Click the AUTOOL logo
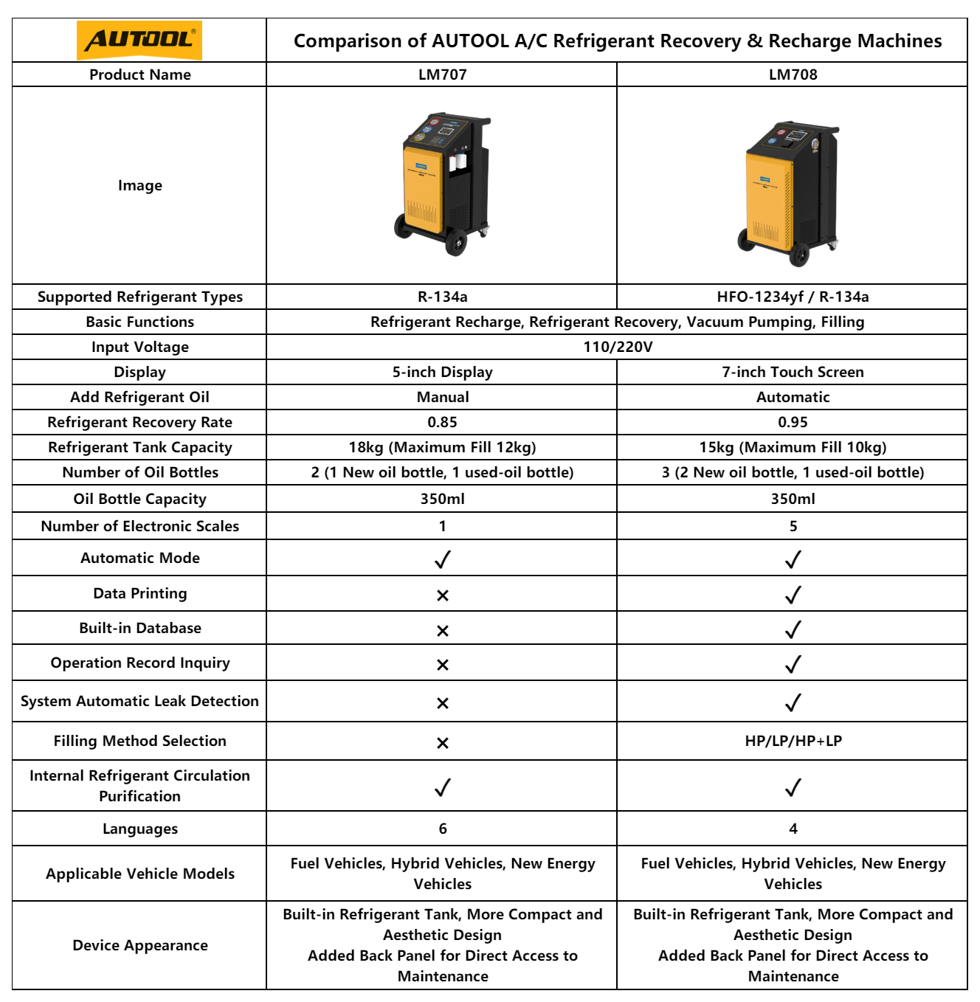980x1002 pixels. click(x=139, y=40)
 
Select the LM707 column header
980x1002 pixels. click(x=442, y=75)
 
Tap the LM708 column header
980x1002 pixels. click(x=793, y=75)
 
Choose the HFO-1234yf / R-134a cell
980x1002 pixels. click(x=793, y=297)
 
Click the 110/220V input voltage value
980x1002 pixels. click(x=618, y=347)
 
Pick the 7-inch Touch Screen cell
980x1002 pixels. click(x=793, y=372)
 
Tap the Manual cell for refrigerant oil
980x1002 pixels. click(x=442, y=397)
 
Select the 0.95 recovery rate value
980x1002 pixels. click(x=793, y=422)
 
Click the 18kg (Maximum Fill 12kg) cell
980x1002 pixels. click(x=442, y=447)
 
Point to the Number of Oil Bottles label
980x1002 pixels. click(x=140, y=472)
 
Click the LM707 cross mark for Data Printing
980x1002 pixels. click(x=442, y=595)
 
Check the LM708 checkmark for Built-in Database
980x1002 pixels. click(x=793, y=629)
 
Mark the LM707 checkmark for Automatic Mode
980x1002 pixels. click(x=442, y=560)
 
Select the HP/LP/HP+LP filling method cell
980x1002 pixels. click(x=793, y=741)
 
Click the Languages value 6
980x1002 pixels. click(x=442, y=829)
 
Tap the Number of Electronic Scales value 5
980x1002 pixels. click(x=793, y=526)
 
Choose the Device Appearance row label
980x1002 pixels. click(x=140, y=945)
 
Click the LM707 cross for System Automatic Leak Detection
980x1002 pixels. click(x=442, y=703)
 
